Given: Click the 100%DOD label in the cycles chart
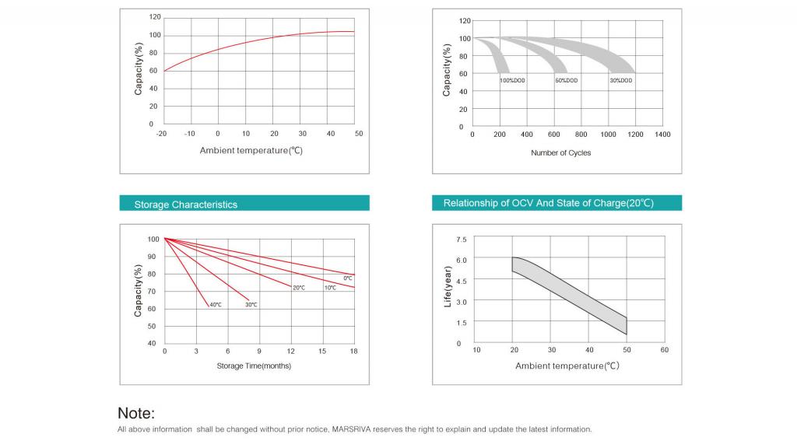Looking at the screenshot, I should tap(513, 80).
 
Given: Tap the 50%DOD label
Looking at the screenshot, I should tap(566, 80).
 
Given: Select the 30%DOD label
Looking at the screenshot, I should tap(620, 80).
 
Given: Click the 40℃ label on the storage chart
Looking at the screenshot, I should tap(216, 305).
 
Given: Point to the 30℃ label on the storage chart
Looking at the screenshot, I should tap(251, 305).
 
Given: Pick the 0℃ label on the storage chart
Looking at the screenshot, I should tap(348, 278).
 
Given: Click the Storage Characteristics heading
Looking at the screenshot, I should tap(186, 205).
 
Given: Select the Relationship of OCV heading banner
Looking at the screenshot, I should tap(548, 203).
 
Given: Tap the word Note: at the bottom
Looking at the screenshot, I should tap(136, 413).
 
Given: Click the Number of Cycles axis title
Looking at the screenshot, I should tap(560, 153).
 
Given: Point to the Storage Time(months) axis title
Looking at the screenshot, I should tap(254, 366).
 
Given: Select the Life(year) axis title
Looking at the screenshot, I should tap(448, 286).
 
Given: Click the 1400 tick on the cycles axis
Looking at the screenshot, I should tap(662, 135).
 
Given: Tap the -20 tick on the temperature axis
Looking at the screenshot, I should tap(162, 134).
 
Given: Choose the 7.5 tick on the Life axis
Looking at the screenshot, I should tap(462, 240).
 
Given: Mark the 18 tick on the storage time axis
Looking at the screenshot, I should tap(353, 352).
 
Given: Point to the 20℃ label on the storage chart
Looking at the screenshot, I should tap(299, 288).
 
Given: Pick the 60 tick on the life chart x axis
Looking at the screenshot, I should tap(664, 350).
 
